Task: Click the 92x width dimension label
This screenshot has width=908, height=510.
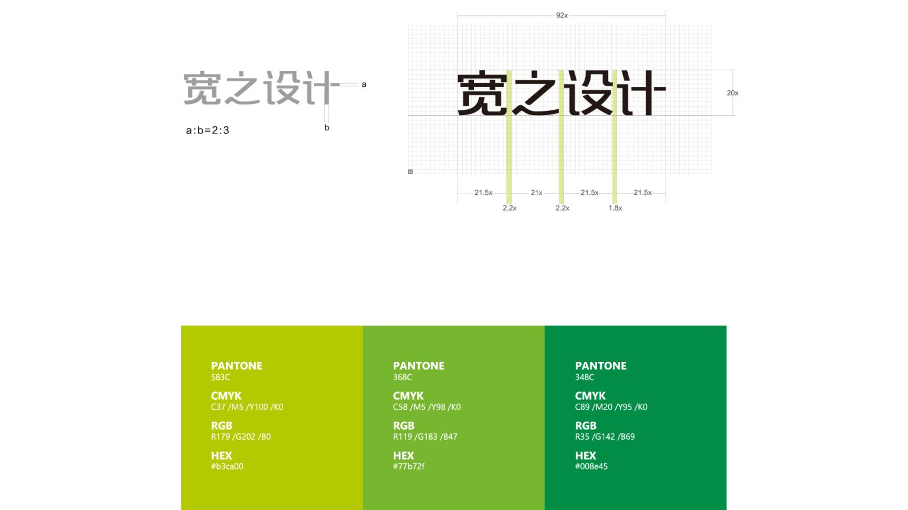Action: coord(562,15)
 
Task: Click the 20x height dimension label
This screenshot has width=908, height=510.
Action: coord(732,93)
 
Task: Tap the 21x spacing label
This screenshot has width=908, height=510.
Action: coord(536,192)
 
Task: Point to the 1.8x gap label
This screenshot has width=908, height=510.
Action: coord(615,208)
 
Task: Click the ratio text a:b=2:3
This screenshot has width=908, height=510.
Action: coord(207,130)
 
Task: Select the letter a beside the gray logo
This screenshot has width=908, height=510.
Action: coord(364,84)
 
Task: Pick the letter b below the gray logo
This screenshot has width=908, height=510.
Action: coord(326,127)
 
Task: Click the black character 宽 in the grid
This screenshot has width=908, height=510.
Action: coord(482,93)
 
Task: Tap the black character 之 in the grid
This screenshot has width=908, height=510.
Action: coord(536,93)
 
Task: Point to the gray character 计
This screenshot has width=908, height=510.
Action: coord(322,89)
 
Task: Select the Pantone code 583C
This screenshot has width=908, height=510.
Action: coord(220,377)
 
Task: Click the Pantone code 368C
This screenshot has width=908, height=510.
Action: coord(403,377)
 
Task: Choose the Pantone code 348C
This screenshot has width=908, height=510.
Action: coord(585,377)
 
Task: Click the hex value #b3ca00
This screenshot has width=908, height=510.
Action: coord(227,466)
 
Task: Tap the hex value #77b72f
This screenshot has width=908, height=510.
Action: coord(408,466)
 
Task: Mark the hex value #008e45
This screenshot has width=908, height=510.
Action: coord(591,466)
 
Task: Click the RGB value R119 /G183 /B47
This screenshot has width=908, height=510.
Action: coord(425,437)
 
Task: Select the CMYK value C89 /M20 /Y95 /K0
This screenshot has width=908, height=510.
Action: coord(611,407)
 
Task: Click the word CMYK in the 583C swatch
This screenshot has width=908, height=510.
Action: coord(226,395)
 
